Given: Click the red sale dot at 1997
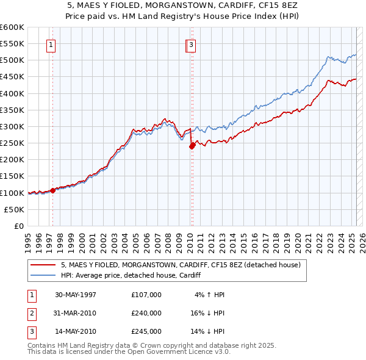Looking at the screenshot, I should pos(53,190).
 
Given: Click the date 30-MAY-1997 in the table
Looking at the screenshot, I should pos(76,295).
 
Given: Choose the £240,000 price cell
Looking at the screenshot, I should pos(146,313).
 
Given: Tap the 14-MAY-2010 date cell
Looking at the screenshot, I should pos(76,331).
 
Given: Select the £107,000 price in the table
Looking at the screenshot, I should pos(146,295).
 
